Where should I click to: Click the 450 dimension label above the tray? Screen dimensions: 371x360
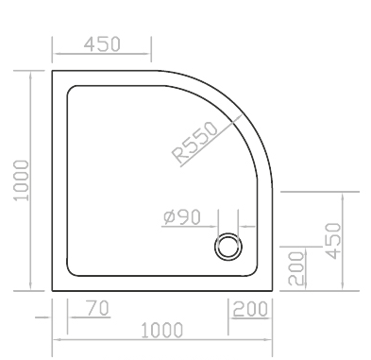pos(102,44)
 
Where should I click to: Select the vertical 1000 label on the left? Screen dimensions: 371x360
pos(22,180)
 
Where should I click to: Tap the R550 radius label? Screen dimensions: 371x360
pos(194,143)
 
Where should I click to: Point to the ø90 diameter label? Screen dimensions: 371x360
pos(182,217)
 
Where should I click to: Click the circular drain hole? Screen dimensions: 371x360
pos(228,247)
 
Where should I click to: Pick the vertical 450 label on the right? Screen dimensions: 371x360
pos(333,241)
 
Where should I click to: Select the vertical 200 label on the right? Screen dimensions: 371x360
pos(297,268)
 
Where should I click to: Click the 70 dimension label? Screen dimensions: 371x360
pos(98,308)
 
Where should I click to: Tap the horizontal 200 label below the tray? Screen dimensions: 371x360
pos(250,309)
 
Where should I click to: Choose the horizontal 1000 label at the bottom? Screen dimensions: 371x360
pos(161,331)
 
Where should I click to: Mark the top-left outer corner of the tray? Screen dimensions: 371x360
pos(52,71)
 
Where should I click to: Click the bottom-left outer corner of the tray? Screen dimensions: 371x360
pos(52,291)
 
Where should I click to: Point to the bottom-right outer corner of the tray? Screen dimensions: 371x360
pos(272,291)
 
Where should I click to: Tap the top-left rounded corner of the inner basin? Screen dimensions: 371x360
pos(70,89)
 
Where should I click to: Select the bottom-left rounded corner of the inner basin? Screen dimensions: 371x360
pos(70,273)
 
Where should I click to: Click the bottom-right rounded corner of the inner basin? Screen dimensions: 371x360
pos(254,273)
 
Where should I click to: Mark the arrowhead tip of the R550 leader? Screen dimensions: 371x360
pos(242,115)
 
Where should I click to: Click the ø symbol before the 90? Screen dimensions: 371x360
pos(169,217)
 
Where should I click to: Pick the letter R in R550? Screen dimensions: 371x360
pos(178,155)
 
